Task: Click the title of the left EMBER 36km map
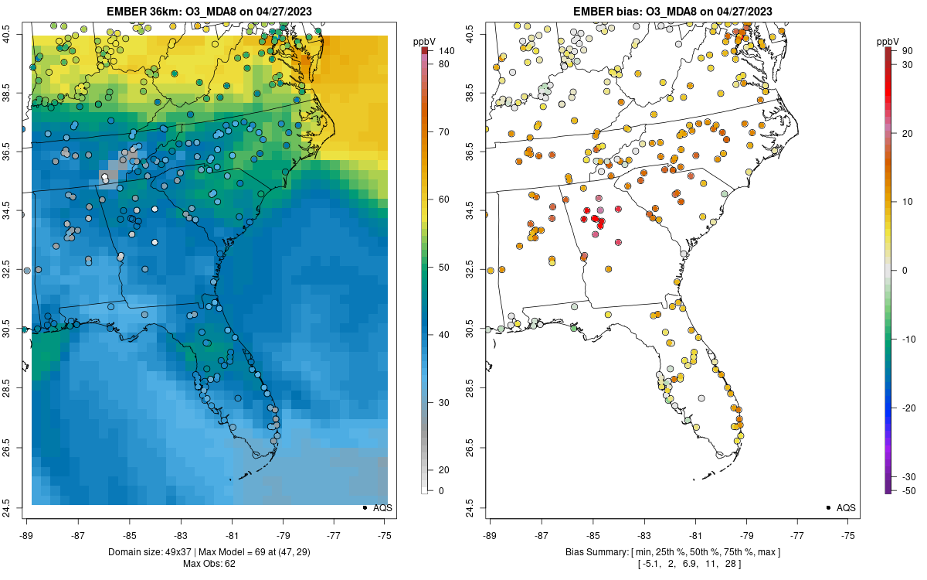pyautogui.click(x=209, y=11)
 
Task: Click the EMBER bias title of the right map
pyautogui.click(x=672, y=11)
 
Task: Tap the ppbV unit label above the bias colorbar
pyautogui.click(x=888, y=41)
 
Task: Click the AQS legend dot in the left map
pyautogui.click(x=364, y=507)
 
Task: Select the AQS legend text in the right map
pyautogui.click(x=846, y=507)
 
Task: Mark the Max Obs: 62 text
pyautogui.click(x=209, y=563)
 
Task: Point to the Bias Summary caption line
pyautogui.click(x=672, y=551)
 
